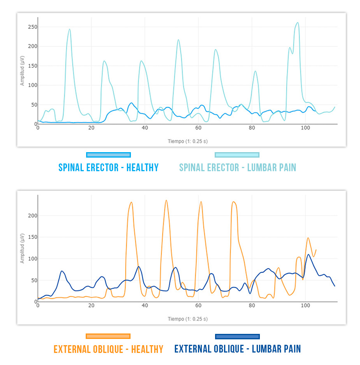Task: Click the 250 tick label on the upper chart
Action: point(31,27)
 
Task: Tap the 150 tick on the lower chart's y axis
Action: point(31,237)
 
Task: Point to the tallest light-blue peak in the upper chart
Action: point(298,23)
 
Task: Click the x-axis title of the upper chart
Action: point(188,141)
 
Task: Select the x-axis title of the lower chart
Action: point(188,319)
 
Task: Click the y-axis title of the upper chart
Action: point(23,72)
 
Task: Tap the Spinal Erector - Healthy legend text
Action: point(108,168)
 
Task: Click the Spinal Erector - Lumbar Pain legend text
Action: point(238,168)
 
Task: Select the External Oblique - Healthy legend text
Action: point(108,349)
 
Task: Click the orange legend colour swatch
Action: point(108,336)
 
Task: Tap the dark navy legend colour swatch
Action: point(237,336)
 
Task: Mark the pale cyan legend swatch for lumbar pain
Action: point(237,155)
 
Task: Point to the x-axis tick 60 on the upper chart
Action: point(198,128)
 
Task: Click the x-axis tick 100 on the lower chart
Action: point(305,305)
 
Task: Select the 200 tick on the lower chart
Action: point(31,216)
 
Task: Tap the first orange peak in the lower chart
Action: point(131,202)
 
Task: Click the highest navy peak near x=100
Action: point(309,255)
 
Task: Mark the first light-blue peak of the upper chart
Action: point(70,29)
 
